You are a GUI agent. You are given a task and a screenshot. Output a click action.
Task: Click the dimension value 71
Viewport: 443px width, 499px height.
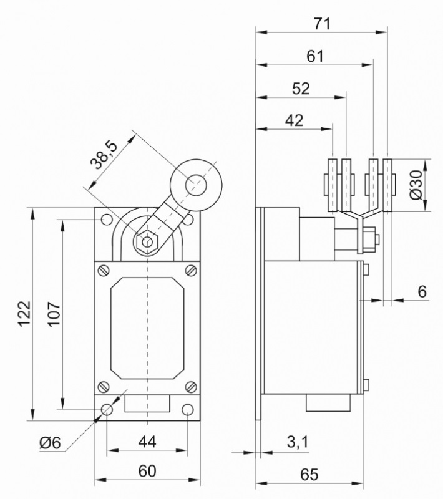tap(322, 24)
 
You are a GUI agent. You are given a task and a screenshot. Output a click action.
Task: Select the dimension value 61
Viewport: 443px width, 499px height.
tap(316, 56)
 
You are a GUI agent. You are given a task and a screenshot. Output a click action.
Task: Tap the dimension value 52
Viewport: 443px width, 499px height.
tap(301, 89)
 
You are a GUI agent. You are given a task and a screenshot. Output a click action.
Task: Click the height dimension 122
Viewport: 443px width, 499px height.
tap(23, 315)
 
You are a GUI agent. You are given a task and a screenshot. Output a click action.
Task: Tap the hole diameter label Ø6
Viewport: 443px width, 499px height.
tap(49, 443)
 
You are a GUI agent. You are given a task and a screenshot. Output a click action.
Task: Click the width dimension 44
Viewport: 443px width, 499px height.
tap(147, 442)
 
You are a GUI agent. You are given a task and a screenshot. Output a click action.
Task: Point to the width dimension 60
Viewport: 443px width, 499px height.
tap(147, 472)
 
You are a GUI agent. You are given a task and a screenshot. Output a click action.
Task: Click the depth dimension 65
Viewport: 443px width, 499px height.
tap(309, 474)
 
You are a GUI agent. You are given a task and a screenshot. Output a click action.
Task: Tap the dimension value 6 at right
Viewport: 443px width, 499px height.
tap(422, 291)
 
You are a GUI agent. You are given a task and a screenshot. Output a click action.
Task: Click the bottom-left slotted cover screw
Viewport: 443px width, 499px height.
tap(104, 386)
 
